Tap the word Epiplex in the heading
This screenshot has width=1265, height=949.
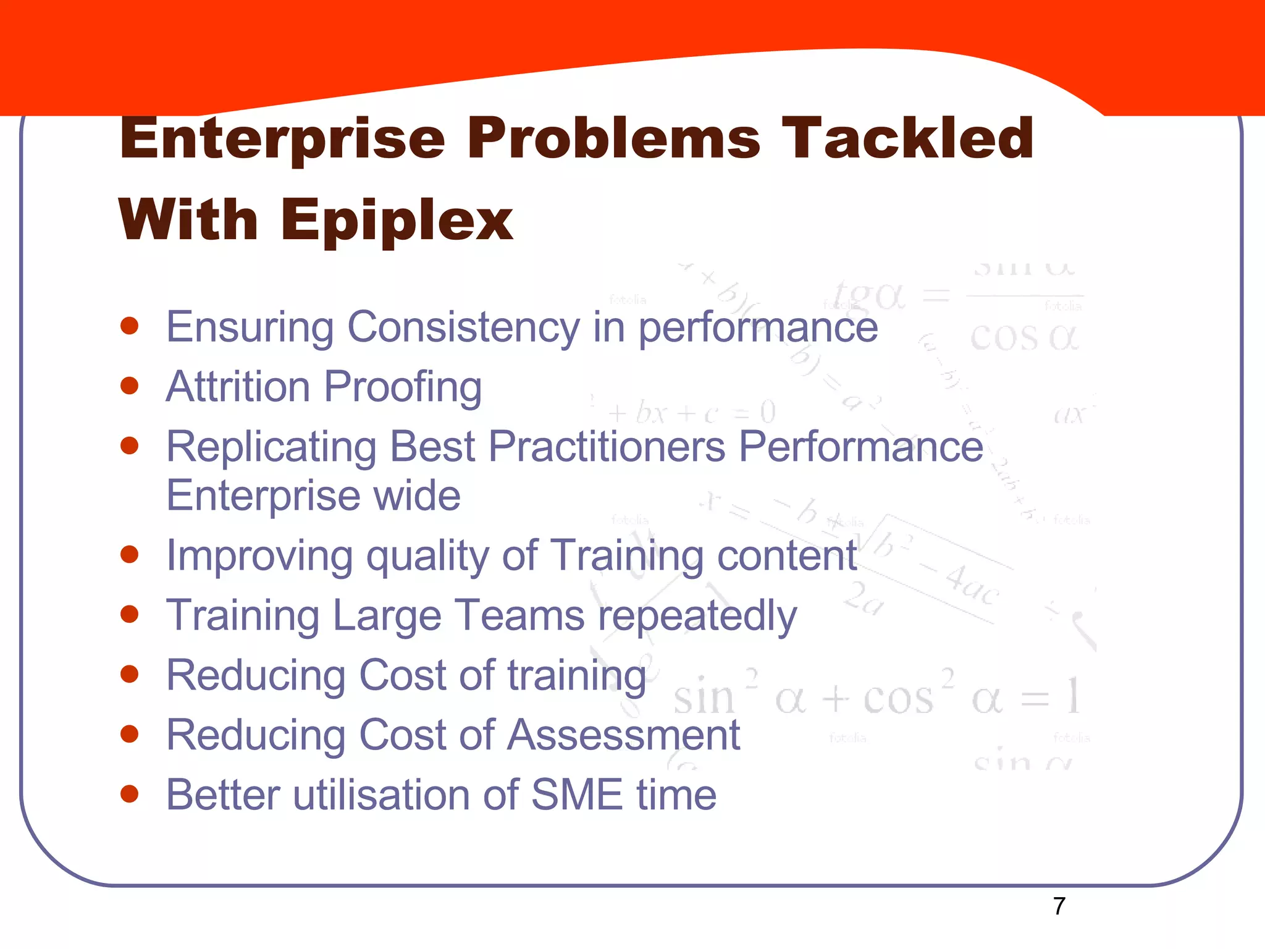click(x=397, y=221)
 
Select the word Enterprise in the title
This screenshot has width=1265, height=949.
click(x=282, y=139)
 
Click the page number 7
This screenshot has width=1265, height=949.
click(x=1059, y=906)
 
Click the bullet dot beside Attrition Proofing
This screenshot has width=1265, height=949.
click(x=129, y=386)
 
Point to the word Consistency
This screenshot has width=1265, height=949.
click(x=463, y=327)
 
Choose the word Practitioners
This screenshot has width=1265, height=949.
click(x=607, y=447)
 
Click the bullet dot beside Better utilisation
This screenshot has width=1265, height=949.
click(x=129, y=794)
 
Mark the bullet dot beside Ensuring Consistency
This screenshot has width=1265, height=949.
click(x=129, y=326)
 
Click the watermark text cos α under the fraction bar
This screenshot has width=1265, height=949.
click(x=1024, y=338)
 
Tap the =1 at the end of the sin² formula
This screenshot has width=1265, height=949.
click(x=1050, y=698)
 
